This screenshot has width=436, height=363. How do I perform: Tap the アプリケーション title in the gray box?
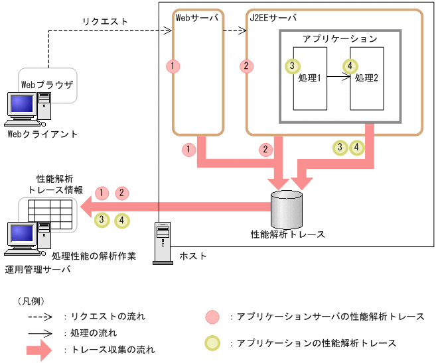(340, 39)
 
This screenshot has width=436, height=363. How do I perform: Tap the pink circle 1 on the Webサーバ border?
(174, 66)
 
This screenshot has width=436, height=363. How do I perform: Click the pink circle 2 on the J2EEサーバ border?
(247, 66)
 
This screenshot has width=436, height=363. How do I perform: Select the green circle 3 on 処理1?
(291, 66)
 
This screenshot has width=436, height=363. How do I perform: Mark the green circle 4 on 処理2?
(349, 66)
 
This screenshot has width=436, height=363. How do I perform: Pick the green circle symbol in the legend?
(212, 343)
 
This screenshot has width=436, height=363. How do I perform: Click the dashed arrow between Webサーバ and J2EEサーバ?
(234, 30)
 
